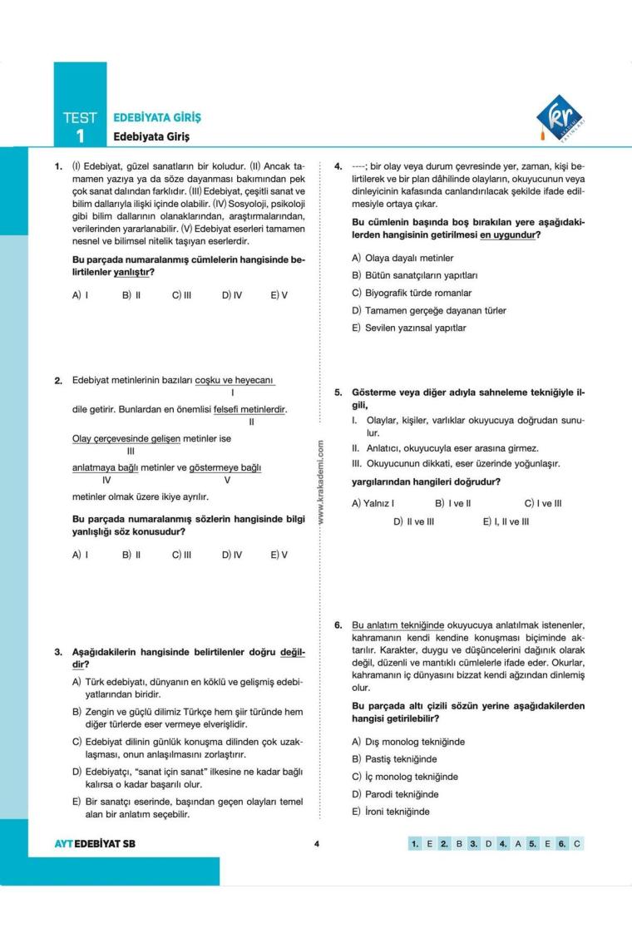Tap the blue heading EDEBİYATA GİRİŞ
pos(157,117)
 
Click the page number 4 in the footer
pos(317,843)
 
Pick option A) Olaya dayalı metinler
pos(403,258)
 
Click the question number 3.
pos(59,652)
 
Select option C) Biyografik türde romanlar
pos(412,293)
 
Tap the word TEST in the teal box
pos(80,118)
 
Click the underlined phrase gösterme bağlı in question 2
pos(227,467)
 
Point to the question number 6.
pos(338,625)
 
